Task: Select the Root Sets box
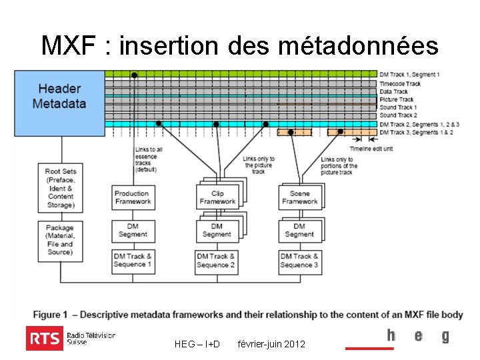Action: (x=61, y=188)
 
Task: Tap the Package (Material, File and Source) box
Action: (x=61, y=240)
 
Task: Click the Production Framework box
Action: (x=133, y=197)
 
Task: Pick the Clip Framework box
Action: (x=217, y=197)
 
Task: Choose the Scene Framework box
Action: (x=299, y=197)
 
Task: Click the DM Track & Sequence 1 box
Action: (x=133, y=260)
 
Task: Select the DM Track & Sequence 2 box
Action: (x=216, y=260)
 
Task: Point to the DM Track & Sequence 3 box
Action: (x=299, y=260)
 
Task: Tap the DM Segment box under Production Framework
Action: (x=133, y=230)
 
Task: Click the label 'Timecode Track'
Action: (x=400, y=83)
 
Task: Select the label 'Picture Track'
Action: (x=397, y=99)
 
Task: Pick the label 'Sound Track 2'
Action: (x=398, y=115)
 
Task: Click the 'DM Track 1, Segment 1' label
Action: (x=409, y=75)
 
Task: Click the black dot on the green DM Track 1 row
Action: (x=134, y=75)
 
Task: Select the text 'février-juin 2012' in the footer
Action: (x=271, y=344)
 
